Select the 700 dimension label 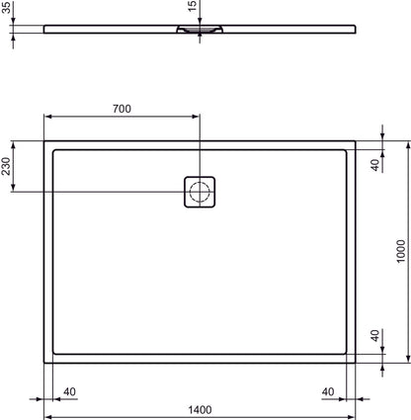click(123, 108)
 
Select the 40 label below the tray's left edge click(69, 391)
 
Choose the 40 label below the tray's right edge click(329, 391)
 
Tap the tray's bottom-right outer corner click(355, 361)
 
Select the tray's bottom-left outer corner click(44, 361)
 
